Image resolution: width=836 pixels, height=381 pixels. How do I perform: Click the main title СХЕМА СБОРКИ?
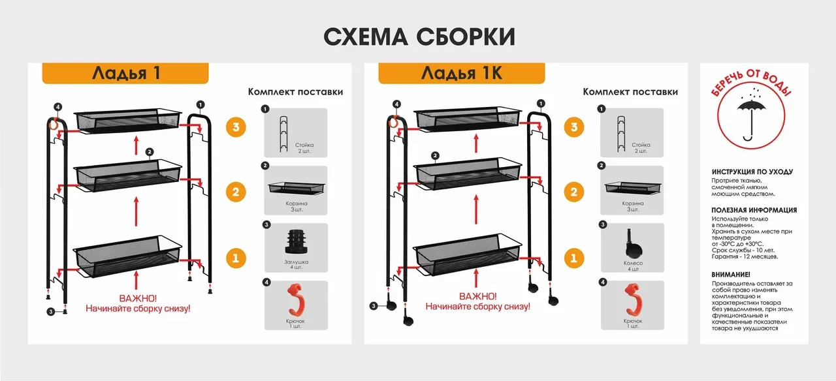[x=419, y=37]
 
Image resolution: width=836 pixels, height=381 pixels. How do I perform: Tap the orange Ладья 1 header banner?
[x=125, y=73]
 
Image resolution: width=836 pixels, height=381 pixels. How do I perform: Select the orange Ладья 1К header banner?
[x=462, y=73]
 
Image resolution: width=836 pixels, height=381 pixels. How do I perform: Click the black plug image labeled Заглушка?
[x=296, y=241]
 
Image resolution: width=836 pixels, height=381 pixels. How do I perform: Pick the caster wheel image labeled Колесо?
[x=633, y=244]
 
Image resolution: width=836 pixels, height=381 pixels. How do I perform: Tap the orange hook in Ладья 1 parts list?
[x=296, y=299]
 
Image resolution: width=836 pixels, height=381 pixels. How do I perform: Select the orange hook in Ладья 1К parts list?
[x=633, y=299]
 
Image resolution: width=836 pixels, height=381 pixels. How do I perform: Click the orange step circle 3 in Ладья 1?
[x=236, y=127]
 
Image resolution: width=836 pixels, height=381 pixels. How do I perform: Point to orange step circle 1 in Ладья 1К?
[x=573, y=258]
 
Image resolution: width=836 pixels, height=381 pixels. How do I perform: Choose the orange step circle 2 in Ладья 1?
[x=236, y=192]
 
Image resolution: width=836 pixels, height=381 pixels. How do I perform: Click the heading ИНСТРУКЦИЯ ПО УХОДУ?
[x=752, y=172]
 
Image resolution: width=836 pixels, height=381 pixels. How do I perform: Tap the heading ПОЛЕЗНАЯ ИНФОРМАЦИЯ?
[x=754, y=210]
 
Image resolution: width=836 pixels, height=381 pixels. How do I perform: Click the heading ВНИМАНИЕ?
[x=731, y=275]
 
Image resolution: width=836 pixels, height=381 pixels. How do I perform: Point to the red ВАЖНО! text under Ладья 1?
[x=138, y=298]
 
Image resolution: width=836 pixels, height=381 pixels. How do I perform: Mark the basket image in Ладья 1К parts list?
[x=633, y=188]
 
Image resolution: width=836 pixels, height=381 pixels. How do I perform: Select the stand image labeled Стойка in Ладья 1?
[x=284, y=134]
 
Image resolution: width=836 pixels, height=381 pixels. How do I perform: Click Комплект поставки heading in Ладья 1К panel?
[x=630, y=92]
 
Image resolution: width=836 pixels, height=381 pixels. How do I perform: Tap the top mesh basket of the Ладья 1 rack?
[x=127, y=121]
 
